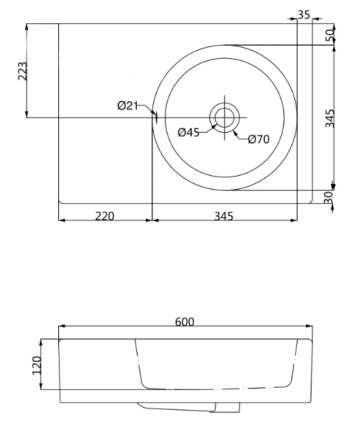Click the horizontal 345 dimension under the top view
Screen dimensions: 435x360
coord(224,215)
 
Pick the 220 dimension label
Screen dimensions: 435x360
coord(104,215)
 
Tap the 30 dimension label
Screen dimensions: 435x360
coord(329,197)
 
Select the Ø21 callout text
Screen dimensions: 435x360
coord(128,105)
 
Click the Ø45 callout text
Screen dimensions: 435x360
coord(188,133)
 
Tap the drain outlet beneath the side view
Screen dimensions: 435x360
coord(228,408)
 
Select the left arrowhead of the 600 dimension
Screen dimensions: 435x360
coord(62,328)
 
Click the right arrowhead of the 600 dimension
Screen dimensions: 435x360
coord(309,328)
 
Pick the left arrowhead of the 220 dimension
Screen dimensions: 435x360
coord(62,221)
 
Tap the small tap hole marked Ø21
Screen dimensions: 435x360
coord(155,118)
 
